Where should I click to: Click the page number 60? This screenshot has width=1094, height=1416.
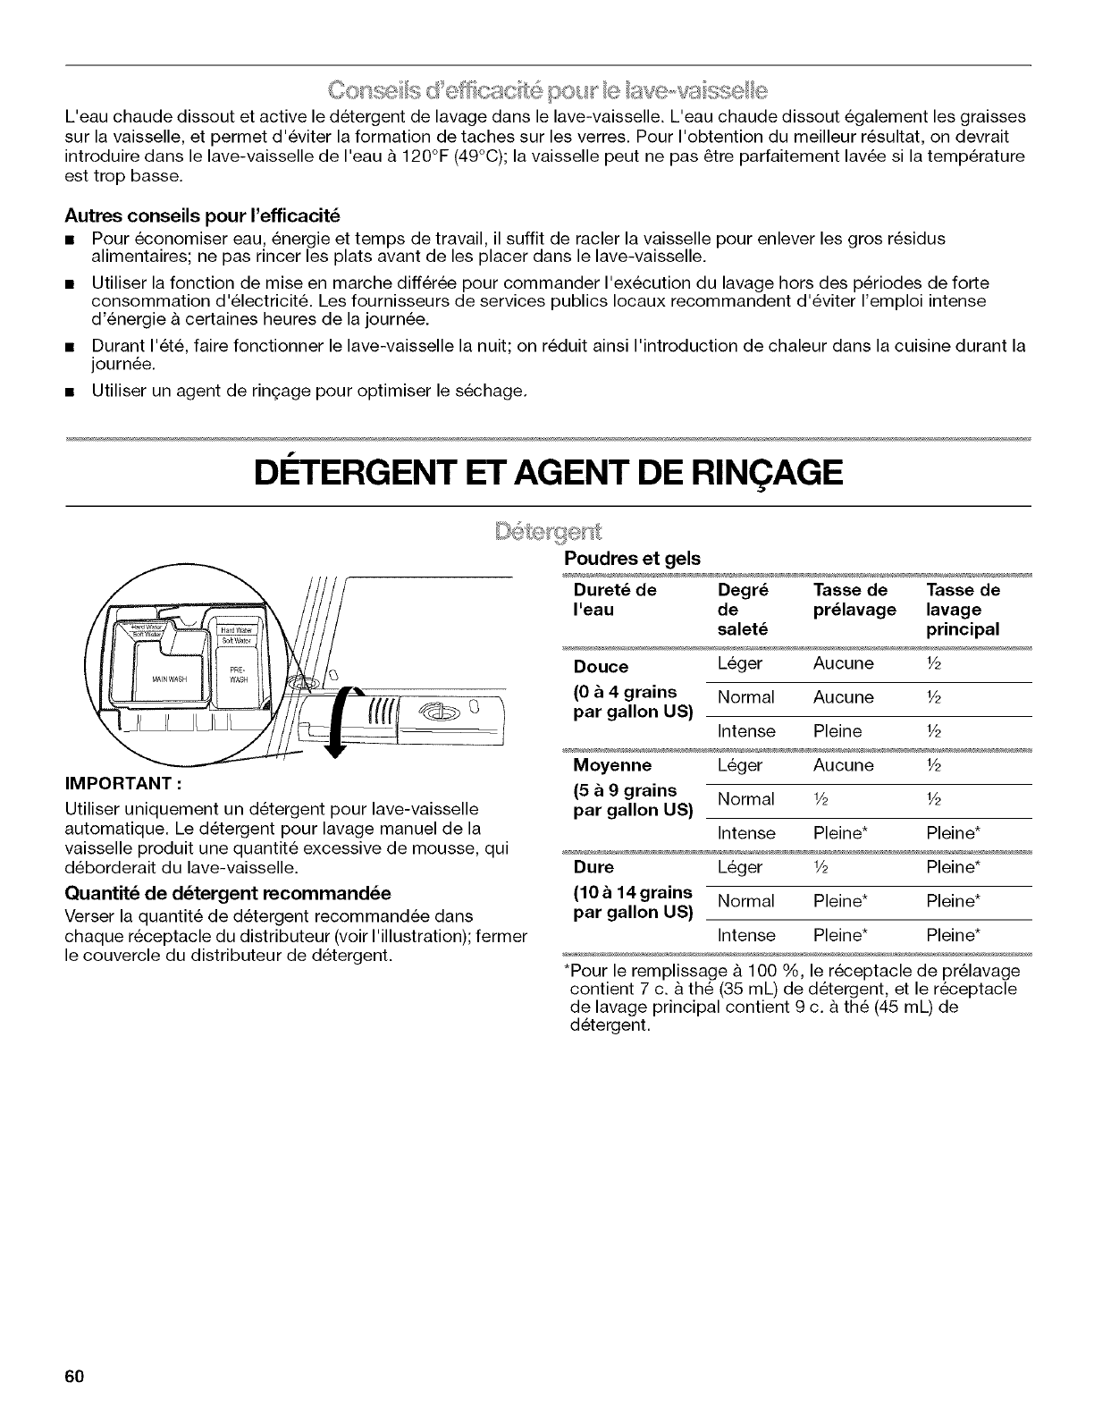coord(73,1376)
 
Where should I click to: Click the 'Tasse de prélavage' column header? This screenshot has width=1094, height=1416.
coord(854,600)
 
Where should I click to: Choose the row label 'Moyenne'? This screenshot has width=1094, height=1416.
coord(612,766)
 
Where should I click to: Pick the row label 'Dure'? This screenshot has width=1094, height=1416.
coord(593,867)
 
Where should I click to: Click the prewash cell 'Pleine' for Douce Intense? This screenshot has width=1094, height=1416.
coord(837,732)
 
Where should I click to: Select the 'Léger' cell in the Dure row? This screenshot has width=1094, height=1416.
coord(740,867)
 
